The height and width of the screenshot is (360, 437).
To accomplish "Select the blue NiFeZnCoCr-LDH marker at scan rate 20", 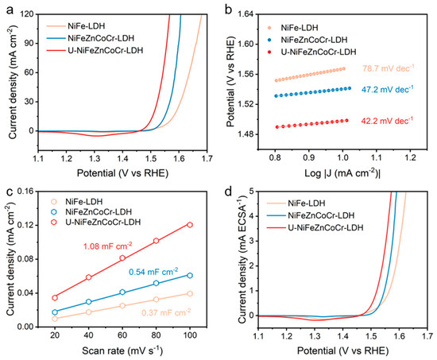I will [55, 312].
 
